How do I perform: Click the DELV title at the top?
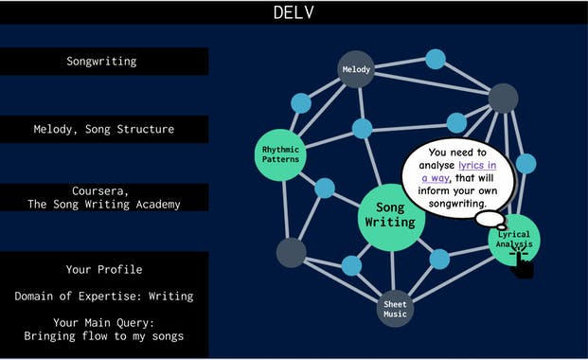pos(294,12)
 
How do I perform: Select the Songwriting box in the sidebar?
pos(101,62)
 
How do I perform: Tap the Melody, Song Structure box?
pos(103,129)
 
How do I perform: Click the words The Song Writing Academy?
pos(103,204)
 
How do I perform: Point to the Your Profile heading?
pos(103,269)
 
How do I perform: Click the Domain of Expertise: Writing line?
pos(103,297)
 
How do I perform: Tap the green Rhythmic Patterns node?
pos(280,153)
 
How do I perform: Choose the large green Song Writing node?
pos(390,216)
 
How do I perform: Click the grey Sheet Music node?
pos(395,309)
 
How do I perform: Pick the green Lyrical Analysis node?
pos(515,240)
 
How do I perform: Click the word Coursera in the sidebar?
pos(103,189)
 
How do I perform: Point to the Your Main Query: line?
pos(103,322)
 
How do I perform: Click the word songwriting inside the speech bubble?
pos(456,203)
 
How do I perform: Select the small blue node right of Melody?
pos(436,59)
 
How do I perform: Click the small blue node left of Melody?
pos(300,103)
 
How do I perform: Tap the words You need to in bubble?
pos(456,152)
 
